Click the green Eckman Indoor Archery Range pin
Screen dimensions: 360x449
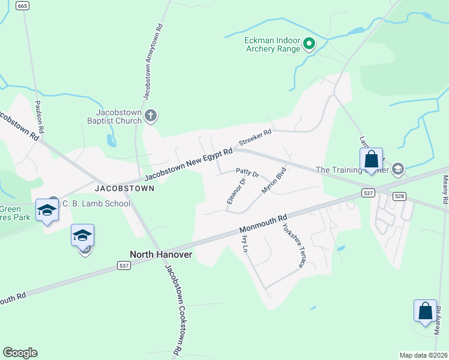point(309,43)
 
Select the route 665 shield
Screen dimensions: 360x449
point(23,6)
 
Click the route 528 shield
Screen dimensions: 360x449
point(399,196)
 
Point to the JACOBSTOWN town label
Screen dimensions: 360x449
point(124,188)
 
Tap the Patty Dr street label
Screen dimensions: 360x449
point(247,174)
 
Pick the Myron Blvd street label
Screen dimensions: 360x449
point(272,180)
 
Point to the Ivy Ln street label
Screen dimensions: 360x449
point(244,244)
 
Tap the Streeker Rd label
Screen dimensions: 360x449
point(255,137)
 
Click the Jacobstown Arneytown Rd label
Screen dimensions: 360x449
point(152,61)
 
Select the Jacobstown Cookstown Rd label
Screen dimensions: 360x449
point(172,308)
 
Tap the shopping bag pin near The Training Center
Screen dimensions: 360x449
point(371,160)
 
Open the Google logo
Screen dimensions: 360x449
point(20,353)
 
